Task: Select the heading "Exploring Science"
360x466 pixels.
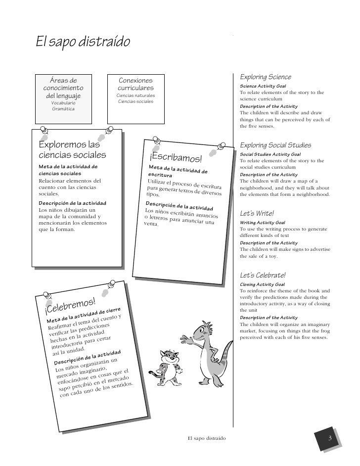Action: tap(265, 77)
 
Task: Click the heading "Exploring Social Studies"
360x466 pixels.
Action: tap(275, 145)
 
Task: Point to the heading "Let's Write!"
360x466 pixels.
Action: tap(257, 214)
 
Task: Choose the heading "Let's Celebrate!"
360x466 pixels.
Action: tap(263, 275)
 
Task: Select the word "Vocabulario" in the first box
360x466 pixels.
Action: tap(64, 102)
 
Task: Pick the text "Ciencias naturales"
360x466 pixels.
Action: tap(135, 95)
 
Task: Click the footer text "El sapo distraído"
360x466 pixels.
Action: tap(207, 438)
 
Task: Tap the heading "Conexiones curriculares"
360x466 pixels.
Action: tap(136, 84)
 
